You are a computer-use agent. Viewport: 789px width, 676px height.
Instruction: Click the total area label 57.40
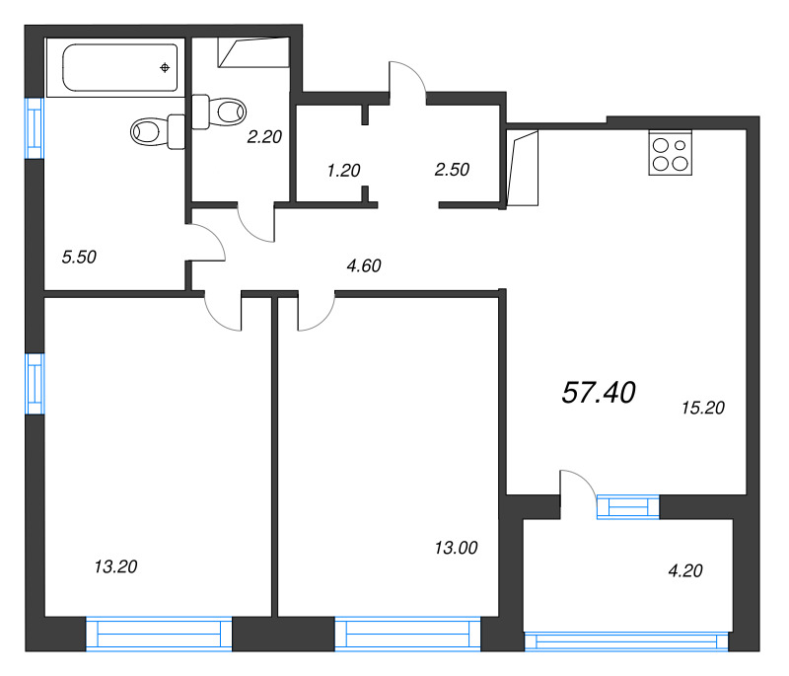coord(599,393)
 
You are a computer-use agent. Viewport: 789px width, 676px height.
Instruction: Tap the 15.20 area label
coord(703,408)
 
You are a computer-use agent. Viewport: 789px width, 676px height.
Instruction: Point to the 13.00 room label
coord(456,547)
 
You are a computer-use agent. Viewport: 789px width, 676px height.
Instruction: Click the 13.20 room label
coord(115,566)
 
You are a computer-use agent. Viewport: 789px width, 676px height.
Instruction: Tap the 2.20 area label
coord(264,138)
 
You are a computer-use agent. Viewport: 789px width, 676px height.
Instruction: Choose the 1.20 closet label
coord(343,170)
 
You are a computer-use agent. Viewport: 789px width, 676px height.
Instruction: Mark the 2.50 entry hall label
coord(451,169)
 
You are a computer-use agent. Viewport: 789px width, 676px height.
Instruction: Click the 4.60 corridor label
coord(363,264)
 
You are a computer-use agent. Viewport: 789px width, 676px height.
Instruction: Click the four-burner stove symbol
coord(670,154)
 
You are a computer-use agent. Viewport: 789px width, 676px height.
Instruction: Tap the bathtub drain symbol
coord(165,67)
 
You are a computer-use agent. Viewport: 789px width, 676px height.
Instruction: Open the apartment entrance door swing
coord(406,79)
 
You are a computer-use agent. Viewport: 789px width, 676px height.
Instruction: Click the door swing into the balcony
coord(577,490)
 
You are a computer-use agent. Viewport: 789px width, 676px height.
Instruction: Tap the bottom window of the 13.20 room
coord(159,633)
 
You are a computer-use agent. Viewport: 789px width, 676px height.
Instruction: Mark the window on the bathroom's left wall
coord(35,124)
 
